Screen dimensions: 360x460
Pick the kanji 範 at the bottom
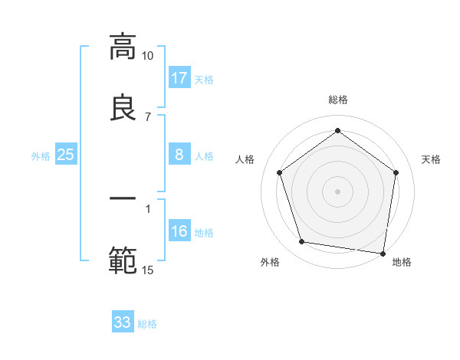tap(123, 260)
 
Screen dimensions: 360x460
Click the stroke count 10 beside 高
tap(148, 56)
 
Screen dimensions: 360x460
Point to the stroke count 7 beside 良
tap(148, 117)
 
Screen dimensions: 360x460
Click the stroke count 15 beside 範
tap(148, 270)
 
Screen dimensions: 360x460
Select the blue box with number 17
tap(179, 78)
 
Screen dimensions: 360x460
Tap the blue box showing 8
tap(179, 155)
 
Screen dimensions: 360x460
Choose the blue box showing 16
tap(179, 231)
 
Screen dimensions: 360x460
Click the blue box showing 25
tap(66, 155)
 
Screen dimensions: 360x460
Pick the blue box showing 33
tap(123, 322)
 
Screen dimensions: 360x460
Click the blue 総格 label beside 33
tap(147, 323)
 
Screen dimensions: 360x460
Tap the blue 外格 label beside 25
tap(41, 155)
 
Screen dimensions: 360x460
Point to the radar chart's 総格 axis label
tap(338, 100)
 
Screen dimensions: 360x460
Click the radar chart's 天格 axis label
tap(432, 159)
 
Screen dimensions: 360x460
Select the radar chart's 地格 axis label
tap(402, 262)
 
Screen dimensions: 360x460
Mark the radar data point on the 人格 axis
tap(279, 172)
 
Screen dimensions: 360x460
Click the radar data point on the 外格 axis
tap(302, 242)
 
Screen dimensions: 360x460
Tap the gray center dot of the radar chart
tap(338, 191)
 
